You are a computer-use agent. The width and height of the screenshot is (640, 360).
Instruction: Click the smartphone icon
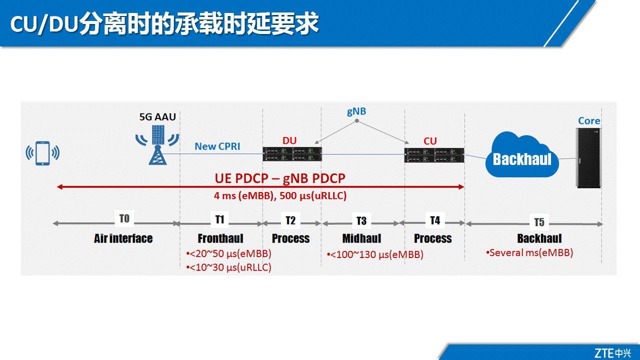42,153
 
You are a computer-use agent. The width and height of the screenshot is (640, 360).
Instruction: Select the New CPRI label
217,146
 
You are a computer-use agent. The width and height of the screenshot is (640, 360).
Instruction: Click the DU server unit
292,154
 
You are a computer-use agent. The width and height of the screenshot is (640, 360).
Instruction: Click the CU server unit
434,154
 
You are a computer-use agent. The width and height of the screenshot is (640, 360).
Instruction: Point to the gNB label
356,111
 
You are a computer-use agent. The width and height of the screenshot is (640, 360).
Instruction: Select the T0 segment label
124,218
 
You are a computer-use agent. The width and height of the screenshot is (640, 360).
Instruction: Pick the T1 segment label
219,219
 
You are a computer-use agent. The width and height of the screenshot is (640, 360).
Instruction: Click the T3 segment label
361,220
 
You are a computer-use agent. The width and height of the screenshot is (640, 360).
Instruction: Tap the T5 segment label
538,222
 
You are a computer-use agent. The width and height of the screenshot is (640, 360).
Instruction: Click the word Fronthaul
220,238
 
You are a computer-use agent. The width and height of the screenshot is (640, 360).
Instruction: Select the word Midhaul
361,238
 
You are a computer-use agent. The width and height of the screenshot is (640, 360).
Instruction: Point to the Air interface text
123,238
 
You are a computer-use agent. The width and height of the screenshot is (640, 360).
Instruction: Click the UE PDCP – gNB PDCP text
280,178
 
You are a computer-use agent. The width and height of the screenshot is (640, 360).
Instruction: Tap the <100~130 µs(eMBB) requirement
376,255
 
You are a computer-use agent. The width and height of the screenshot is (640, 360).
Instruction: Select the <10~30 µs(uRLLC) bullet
229,267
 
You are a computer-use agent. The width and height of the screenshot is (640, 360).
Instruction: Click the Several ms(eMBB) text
530,252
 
